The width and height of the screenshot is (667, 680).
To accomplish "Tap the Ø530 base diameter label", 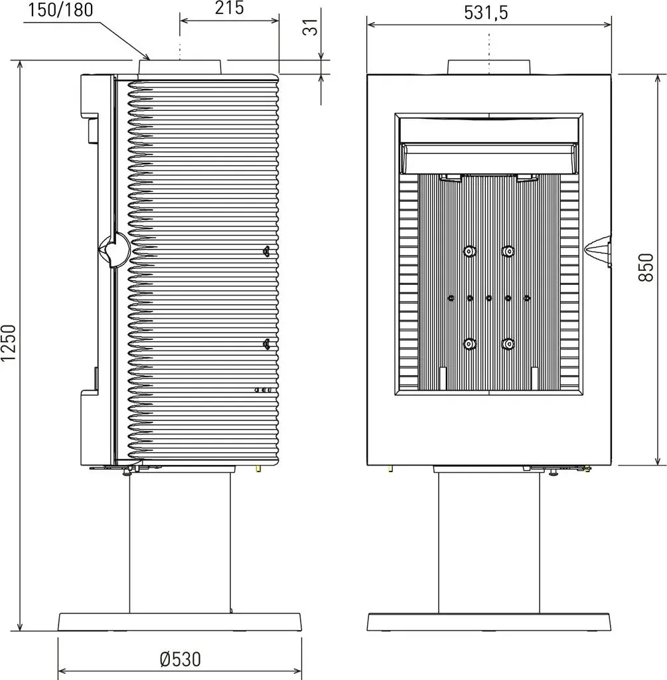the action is click(x=181, y=659).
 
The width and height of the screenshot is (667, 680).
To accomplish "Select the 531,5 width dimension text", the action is click(x=486, y=13).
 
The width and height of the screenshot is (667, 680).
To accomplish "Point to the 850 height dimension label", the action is click(x=646, y=268).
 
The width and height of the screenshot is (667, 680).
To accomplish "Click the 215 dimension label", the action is click(x=229, y=8).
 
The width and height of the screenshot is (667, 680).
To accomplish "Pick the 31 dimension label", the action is click(x=311, y=27).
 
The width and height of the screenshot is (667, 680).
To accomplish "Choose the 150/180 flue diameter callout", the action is click(x=61, y=9).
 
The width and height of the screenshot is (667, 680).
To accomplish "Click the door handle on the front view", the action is click(x=598, y=251).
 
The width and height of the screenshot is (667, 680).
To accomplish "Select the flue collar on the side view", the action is click(x=181, y=67).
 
